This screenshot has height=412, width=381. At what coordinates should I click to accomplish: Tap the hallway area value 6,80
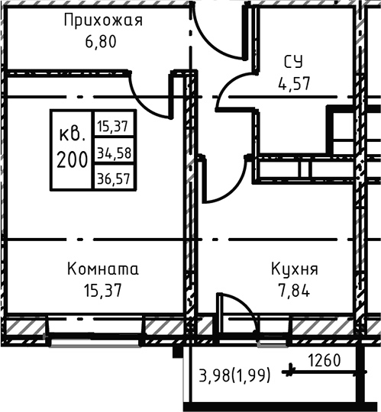(103, 40)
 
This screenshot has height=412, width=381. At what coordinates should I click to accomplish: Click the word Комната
(103, 269)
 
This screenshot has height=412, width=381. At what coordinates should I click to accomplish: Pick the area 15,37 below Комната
(103, 290)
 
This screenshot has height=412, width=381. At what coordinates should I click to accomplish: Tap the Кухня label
(294, 269)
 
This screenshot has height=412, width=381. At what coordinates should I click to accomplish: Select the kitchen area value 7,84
(294, 290)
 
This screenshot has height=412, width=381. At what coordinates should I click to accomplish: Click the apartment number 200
(71, 159)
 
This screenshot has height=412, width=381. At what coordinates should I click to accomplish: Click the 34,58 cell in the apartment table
(114, 153)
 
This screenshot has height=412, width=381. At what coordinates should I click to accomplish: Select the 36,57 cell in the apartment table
(114, 179)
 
